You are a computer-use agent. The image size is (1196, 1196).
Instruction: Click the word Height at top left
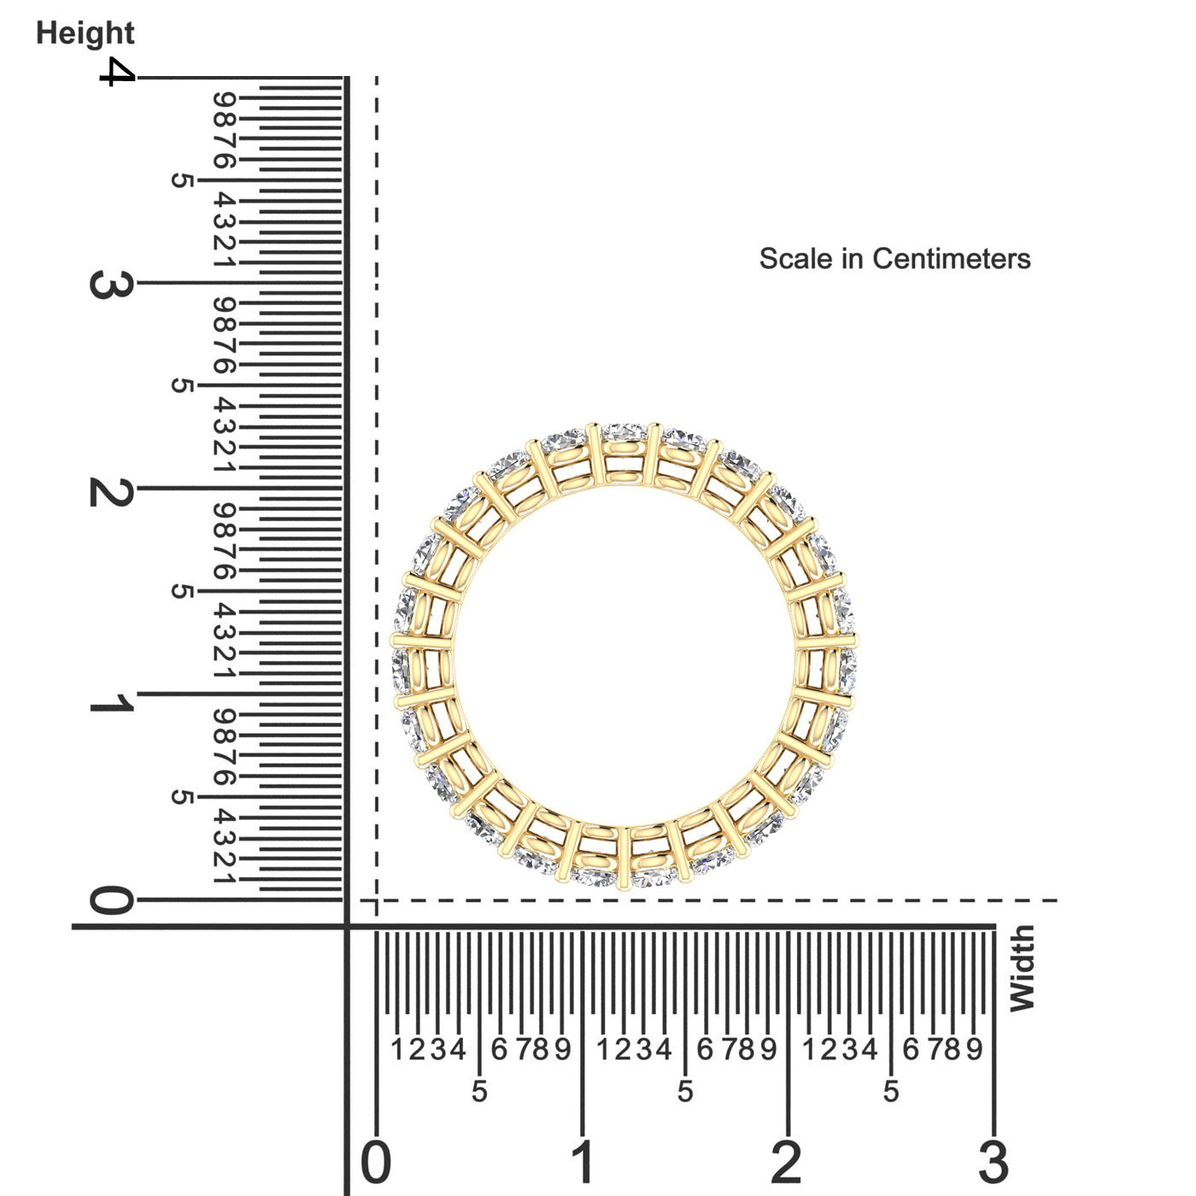[85, 33]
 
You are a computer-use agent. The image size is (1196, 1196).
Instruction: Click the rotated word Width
[1022, 968]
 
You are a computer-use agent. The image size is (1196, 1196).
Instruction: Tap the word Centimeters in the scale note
[951, 259]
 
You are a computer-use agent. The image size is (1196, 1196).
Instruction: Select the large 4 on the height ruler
[117, 72]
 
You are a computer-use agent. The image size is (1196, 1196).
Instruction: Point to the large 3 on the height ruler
[111, 284]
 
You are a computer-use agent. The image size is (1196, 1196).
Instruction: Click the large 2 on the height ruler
[111, 491]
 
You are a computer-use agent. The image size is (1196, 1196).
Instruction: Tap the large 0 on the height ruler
[111, 900]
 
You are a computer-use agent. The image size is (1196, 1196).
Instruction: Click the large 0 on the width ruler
[376, 1162]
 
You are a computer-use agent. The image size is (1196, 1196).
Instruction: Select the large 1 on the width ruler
[583, 1162]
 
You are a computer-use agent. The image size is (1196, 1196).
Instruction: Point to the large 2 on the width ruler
[787, 1162]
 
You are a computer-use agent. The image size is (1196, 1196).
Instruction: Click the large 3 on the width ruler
[994, 1162]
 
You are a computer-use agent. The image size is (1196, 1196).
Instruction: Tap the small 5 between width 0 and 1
[479, 1091]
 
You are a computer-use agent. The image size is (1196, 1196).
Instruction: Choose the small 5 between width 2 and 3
[891, 1091]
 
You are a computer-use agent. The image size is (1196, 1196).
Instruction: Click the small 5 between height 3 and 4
[181, 180]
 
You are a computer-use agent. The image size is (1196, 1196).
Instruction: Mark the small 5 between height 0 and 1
[181, 797]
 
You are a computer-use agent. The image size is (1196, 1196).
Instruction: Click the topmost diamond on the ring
[624, 432]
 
